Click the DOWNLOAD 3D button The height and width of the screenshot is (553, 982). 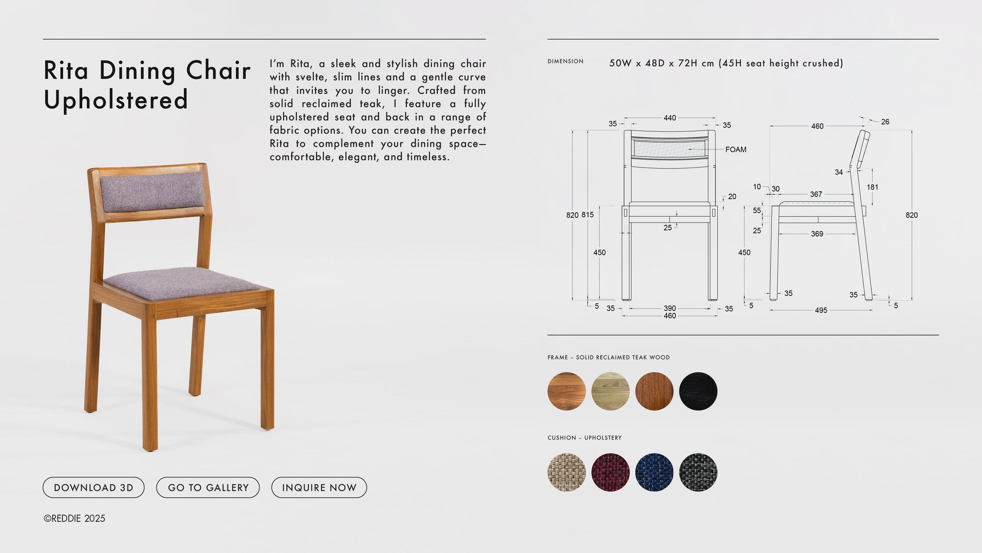click(x=94, y=487)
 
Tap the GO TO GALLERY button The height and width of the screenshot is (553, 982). click(x=208, y=487)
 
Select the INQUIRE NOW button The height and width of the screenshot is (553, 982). click(x=319, y=487)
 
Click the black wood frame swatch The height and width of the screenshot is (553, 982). click(x=698, y=391)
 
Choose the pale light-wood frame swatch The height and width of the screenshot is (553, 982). click(x=610, y=391)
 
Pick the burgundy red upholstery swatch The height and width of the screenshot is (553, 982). click(x=610, y=472)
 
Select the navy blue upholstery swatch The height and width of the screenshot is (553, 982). click(x=654, y=472)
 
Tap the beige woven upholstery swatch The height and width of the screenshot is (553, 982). click(x=567, y=472)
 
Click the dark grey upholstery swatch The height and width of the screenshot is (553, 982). click(x=698, y=472)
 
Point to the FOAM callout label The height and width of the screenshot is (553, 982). click(x=736, y=150)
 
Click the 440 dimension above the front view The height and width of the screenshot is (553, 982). click(x=670, y=118)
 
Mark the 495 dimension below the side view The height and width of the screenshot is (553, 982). click(x=821, y=310)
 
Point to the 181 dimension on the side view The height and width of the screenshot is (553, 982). click(x=872, y=187)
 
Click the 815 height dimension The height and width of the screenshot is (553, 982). click(x=588, y=215)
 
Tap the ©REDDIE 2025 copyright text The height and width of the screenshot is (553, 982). click(x=74, y=519)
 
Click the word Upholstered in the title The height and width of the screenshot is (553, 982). click(x=115, y=100)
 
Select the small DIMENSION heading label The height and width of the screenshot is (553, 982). click(x=565, y=61)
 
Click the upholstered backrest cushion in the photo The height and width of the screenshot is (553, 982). click(x=152, y=192)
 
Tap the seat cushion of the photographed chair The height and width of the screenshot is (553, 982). click(x=182, y=283)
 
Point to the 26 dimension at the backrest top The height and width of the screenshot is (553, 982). click(x=885, y=122)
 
